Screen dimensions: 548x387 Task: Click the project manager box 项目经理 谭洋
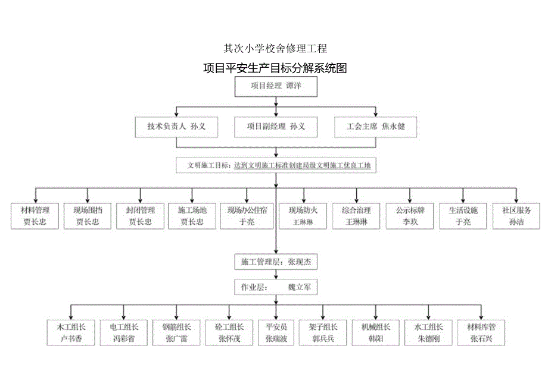point(275,87)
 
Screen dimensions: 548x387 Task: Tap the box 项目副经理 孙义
point(276,127)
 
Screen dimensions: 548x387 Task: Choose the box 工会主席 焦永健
point(375,127)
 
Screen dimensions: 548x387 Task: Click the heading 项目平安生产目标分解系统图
point(275,68)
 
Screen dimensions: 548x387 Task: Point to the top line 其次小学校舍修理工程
point(275,48)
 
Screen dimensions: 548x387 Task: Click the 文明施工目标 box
point(276,165)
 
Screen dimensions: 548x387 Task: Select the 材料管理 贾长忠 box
point(35,216)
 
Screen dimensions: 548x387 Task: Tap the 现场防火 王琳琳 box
point(303,216)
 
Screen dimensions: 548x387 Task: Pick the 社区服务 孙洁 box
point(516,216)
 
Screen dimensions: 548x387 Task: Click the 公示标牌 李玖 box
point(409,216)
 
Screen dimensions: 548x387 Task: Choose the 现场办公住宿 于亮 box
point(247,216)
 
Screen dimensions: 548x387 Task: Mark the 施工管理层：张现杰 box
point(276,261)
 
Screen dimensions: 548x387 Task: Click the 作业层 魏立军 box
point(276,287)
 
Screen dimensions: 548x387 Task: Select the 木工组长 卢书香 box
point(71,333)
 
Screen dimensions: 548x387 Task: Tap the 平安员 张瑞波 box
point(276,333)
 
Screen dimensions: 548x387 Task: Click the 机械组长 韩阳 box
point(376,333)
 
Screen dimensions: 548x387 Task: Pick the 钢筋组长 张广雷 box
point(176,333)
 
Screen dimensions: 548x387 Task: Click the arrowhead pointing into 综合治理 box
point(357,200)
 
